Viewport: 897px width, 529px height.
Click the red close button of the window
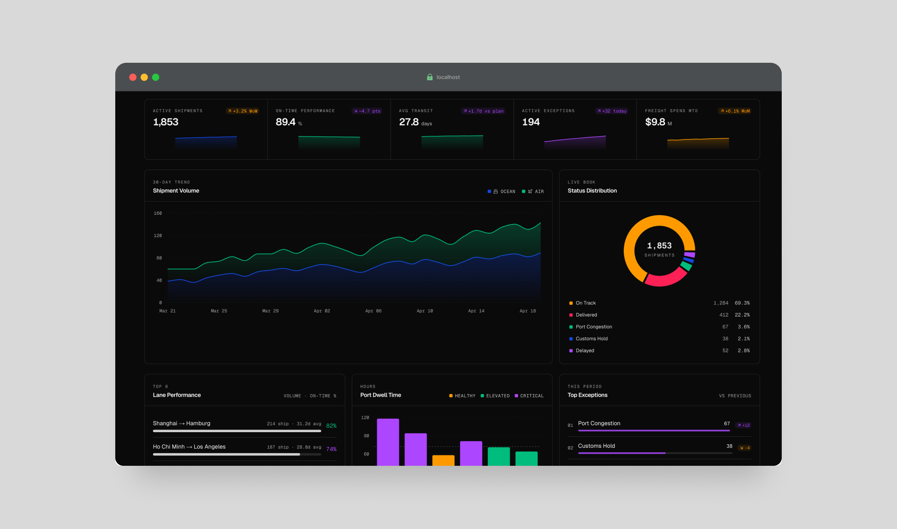[133, 77]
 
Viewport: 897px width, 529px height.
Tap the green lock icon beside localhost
[430, 77]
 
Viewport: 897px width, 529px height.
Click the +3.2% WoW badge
[243, 111]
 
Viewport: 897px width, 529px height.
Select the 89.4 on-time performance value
[286, 122]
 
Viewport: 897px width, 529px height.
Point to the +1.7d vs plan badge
[483, 111]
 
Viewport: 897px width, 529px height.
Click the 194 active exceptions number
[531, 122]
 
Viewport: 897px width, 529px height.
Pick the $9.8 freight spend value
[655, 122]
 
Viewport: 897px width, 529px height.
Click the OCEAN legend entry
[502, 191]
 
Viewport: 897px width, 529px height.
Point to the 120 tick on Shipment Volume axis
[158, 235]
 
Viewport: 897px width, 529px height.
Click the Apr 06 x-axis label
[373, 311]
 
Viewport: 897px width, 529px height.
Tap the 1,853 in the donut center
[659, 246]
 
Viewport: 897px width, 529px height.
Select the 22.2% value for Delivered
[742, 315]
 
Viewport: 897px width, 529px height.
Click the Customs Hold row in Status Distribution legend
[592, 338]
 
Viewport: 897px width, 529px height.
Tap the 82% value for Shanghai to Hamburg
[331, 425]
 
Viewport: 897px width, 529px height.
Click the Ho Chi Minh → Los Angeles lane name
[189, 447]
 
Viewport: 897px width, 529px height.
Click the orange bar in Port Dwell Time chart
[443, 460]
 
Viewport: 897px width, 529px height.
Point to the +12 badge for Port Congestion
[743, 425]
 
